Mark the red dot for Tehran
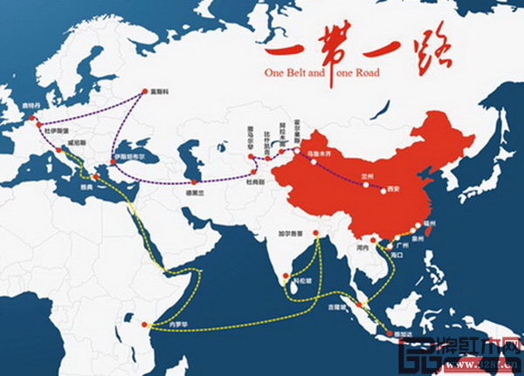192,181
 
